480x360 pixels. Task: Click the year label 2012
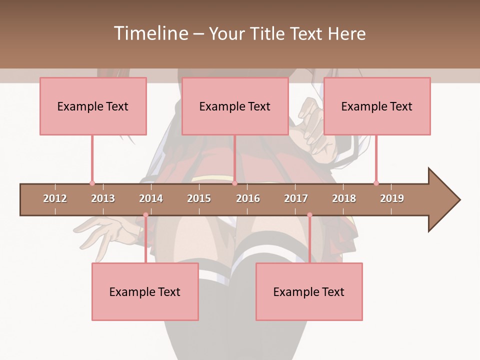(55, 198)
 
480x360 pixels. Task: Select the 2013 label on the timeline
(103, 198)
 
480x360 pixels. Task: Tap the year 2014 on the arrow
(151, 198)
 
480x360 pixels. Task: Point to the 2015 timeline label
(199, 198)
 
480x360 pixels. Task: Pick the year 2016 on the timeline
(248, 198)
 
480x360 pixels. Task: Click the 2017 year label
(296, 198)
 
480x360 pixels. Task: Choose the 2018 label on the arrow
(344, 198)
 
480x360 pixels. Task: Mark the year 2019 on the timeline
(392, 198)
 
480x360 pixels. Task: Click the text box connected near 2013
(93, 106)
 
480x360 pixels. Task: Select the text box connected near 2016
(235, 106)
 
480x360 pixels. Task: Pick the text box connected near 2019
(377, 106)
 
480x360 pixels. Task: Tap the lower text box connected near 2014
(145, 291)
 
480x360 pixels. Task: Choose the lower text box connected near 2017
(309, 291)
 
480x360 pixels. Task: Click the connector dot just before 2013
(92, 183)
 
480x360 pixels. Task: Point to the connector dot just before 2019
(376, 183)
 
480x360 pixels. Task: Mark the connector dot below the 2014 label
(145, 215)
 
